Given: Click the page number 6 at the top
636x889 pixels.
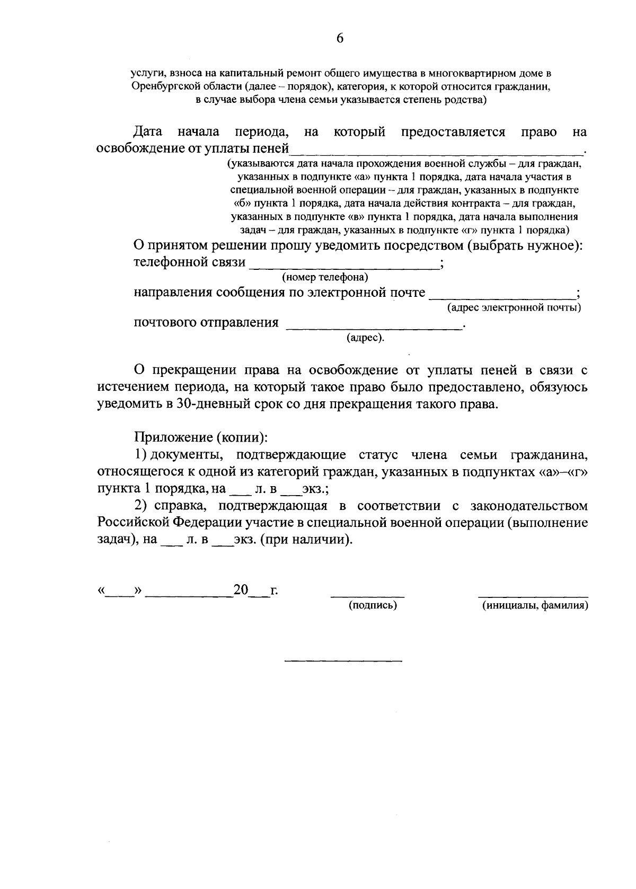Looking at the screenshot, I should [340, 38].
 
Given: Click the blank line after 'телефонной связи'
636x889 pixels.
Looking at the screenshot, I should [344, 268].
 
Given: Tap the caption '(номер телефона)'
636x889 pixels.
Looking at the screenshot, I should [325, 277].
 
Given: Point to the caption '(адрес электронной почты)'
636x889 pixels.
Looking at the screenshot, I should [514, 307].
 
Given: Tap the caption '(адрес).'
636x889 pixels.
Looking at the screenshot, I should [366, 338].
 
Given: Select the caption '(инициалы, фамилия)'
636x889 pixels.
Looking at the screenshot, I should [535, 605].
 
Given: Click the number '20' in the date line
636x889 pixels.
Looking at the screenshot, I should [241, 591].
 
